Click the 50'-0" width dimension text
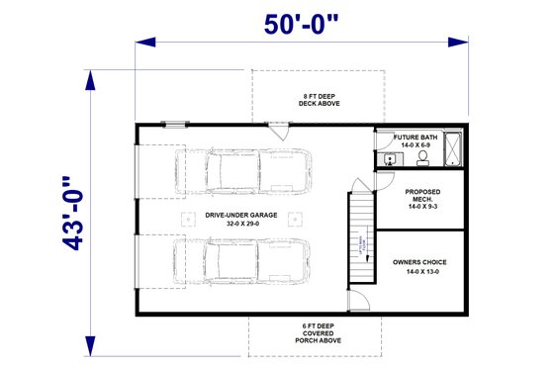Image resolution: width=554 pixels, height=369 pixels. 309,25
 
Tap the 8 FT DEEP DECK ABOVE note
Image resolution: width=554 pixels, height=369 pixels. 317,99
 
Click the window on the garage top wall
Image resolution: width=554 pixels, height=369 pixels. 175,124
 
